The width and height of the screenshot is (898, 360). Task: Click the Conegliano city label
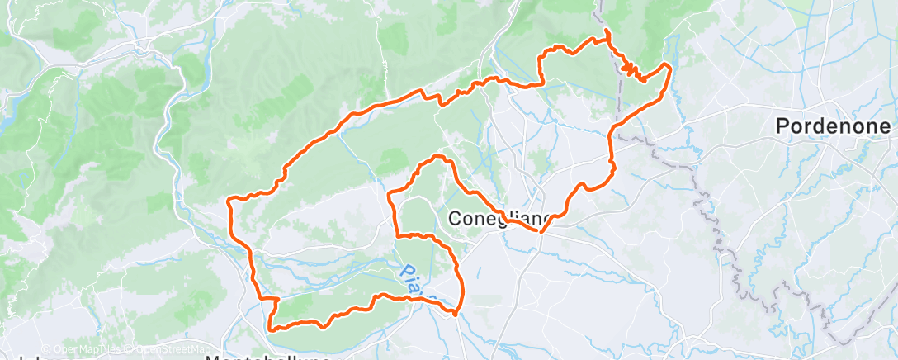pyautogui.click(x=499, y=219)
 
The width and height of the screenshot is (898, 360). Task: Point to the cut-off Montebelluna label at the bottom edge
pyautogui.click(x=267, y=357)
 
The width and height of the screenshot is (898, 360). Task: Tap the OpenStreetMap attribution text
pyautogui.click(x=170, y=349)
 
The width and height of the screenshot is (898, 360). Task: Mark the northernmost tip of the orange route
pyautogui.click(x=607, y=31)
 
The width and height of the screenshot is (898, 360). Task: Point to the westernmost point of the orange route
pyautogui.click(x=229, y=199)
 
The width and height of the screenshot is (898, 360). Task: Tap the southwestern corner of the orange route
pyautogui.click(x=271, y=326)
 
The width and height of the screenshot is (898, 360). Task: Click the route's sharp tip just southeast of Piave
pyautogui.click(x=456, y=313)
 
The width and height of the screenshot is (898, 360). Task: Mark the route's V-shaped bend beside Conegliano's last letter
pyautogui.click(x=540, y=232)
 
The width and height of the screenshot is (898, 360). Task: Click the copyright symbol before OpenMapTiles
pyautogui.click(x=46, y=349)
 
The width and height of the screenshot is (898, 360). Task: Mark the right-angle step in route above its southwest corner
pyautogui.click(x=266, y=298)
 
